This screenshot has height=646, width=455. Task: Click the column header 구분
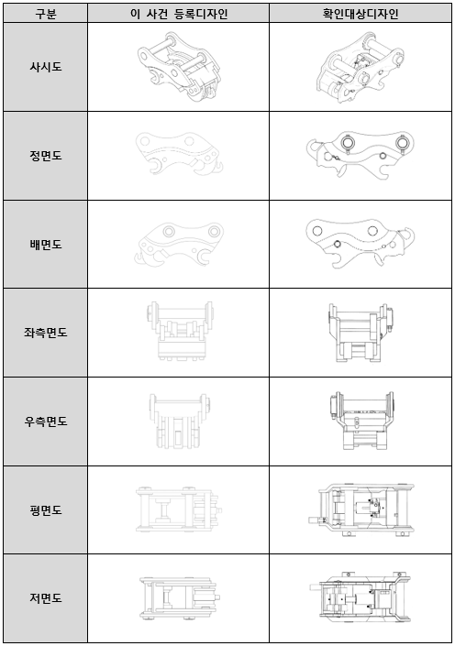point(45,14)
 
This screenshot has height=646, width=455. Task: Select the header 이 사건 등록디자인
point(179,14)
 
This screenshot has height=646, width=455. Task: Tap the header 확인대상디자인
point(361,14)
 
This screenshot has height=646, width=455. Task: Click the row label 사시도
point(45,67)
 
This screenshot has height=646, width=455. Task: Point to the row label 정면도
point(45,156)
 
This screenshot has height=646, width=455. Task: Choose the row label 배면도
point(45,245)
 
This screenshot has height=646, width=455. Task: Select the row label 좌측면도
point(45,333)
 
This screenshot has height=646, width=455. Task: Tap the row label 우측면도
point(45,422)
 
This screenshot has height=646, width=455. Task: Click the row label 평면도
point(45,510)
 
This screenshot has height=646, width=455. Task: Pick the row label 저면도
point(45,597)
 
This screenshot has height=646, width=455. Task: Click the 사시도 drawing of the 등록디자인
point(179,67)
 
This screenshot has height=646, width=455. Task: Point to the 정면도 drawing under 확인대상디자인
point(360,155)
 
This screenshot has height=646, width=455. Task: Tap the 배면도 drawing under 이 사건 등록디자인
point(179,244)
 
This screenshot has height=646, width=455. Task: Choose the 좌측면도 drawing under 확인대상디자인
point(361,333)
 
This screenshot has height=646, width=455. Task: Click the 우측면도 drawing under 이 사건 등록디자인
point(179,422)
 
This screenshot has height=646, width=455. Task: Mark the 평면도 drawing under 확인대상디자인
point(361,509)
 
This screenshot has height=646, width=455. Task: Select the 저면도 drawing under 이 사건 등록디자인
point(179,597)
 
